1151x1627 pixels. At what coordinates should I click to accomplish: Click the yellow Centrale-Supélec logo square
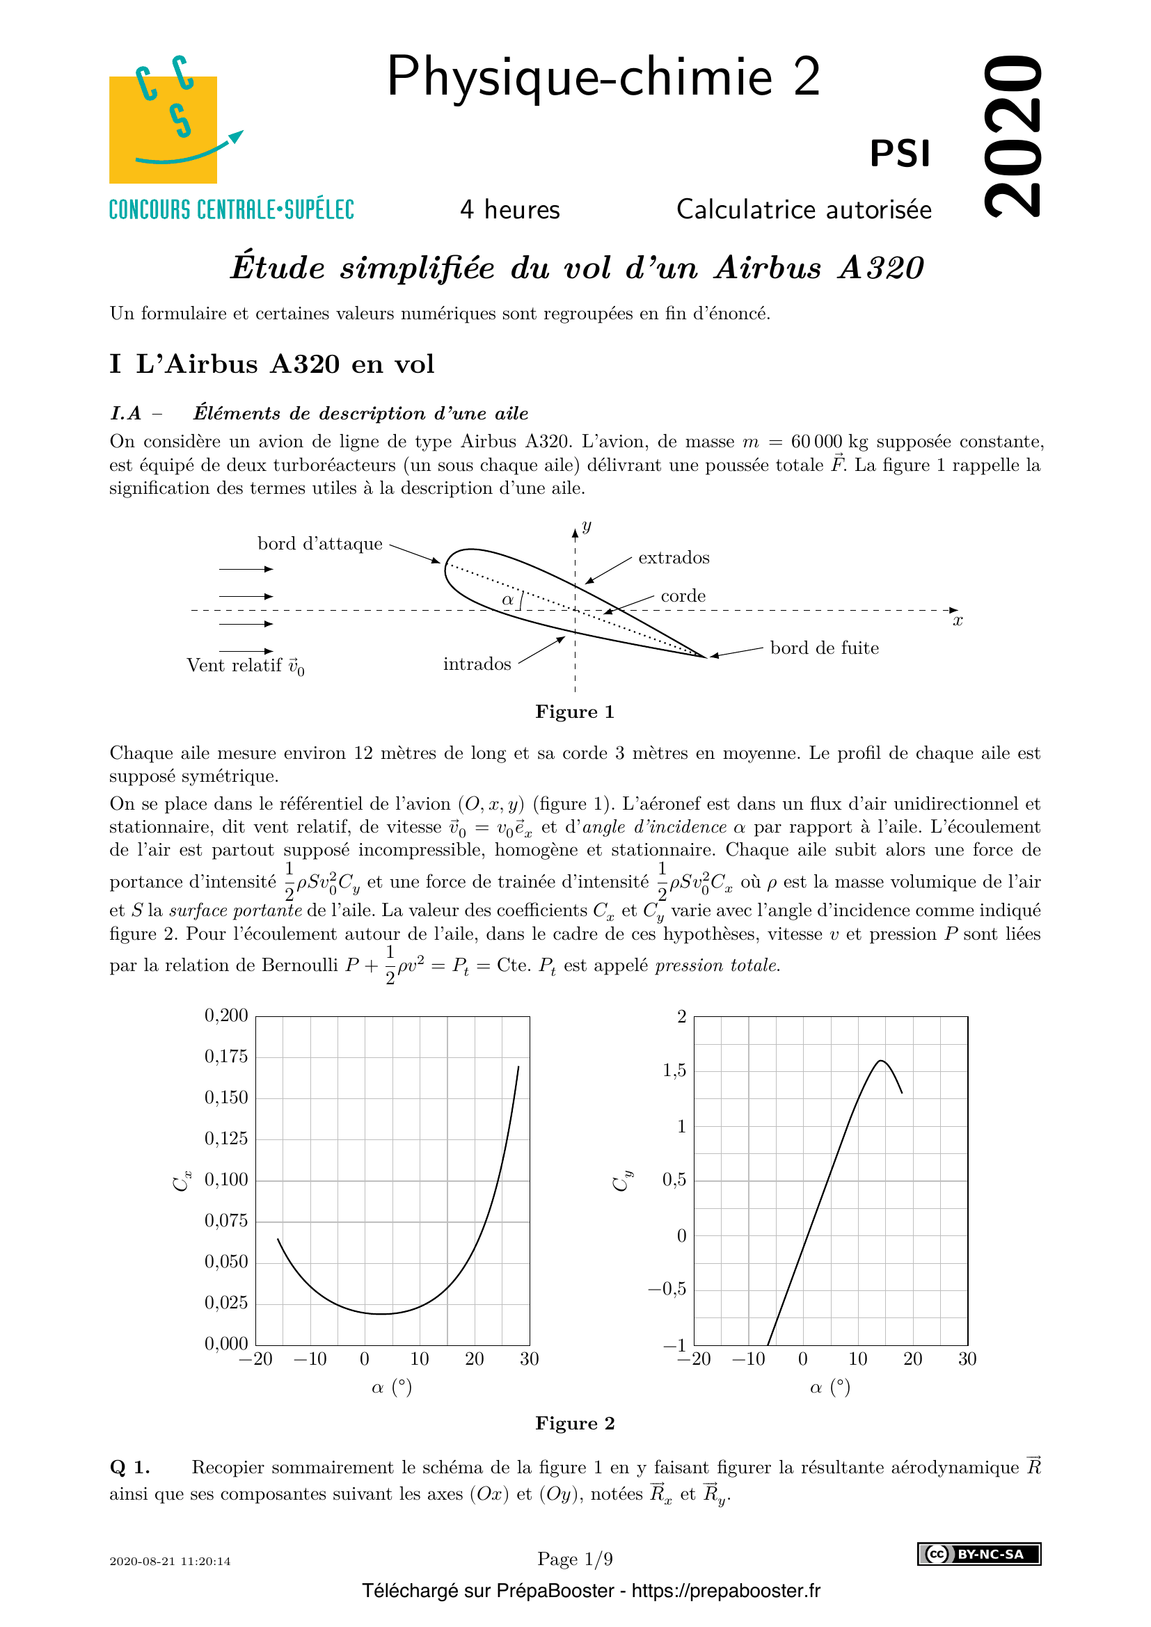(162, 129)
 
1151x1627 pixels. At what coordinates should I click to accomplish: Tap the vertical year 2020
(1013, 136)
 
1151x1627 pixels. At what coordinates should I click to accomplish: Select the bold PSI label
(899, 154)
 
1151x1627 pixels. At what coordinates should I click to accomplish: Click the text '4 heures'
(509, 210)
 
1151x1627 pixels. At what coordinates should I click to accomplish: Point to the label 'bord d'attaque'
(319, 544)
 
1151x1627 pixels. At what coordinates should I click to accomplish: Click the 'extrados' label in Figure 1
(674, 559)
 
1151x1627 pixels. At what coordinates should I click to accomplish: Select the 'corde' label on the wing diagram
(683, 596)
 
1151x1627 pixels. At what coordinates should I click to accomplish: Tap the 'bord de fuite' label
(823, 648)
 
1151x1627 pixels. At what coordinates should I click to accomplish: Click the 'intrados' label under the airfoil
(477, 665)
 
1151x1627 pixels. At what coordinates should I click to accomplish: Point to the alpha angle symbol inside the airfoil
(507, 600)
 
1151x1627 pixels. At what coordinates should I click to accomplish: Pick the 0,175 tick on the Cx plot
(226, 1057)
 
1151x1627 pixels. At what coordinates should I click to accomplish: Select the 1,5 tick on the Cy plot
(674, 1070)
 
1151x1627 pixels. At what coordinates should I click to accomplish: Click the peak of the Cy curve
(880, 1061)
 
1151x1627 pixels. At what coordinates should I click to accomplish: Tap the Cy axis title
(621, 1180)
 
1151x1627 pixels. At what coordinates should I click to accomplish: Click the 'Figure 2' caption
(575, 1424)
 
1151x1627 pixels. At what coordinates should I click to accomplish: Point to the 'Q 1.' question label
(129, 1468)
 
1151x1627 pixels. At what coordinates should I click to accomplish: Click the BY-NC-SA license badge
(979, 1554)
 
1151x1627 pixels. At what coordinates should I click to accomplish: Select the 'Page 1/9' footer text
(575, 1559)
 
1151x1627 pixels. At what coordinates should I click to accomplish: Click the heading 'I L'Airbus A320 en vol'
(272, 364)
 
